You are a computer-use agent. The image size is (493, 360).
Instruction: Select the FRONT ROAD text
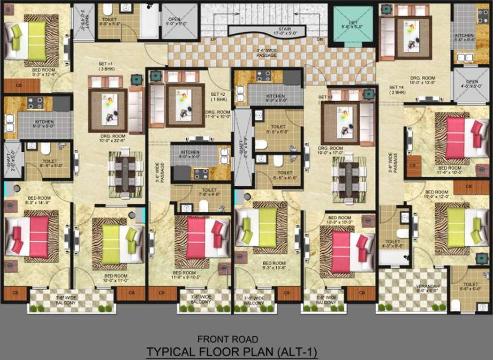click(x=228, y=338)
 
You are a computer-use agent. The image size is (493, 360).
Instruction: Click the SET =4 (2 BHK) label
click(x=396, y=90)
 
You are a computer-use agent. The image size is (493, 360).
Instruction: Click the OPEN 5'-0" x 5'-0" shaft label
click(x=177, y=22)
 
